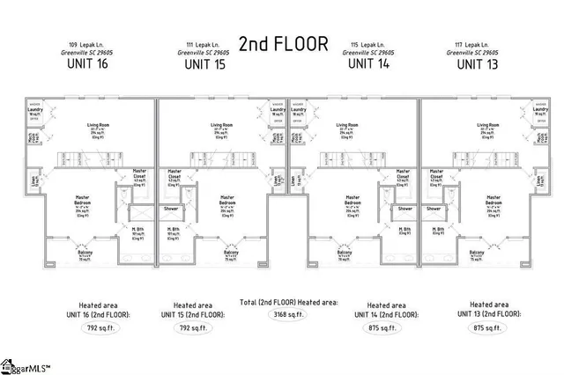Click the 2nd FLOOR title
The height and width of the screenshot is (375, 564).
coord(284,43)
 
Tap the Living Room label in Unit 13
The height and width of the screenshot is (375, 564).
coord(487,126)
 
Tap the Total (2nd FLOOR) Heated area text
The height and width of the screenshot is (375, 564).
coord(288,302)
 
